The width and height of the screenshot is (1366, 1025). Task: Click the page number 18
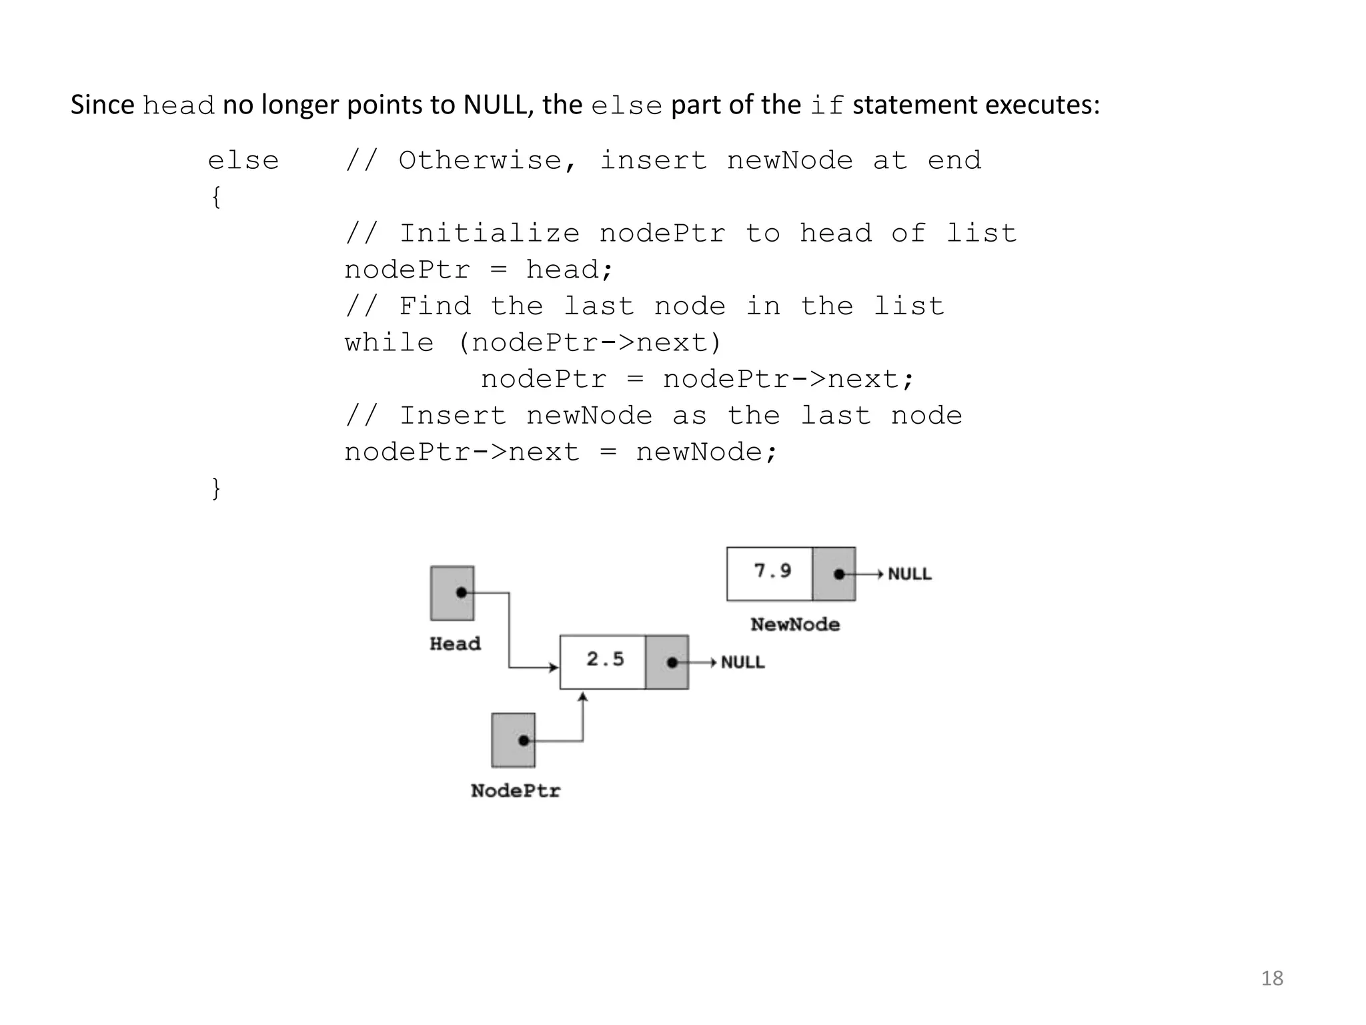[1272, 978]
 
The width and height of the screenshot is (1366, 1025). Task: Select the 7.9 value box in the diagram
[770, 573]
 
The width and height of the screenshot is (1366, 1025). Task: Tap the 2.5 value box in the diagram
[603, 661]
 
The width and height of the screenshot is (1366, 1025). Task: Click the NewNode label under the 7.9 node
[795, 625]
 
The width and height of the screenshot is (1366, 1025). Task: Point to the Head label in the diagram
[455, 644]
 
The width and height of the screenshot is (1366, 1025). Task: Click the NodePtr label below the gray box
[516, 791]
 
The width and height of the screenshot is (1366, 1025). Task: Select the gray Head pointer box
[452, 593]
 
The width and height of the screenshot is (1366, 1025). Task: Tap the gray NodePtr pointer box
[513, 740]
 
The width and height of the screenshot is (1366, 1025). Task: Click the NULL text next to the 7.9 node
[910, 574]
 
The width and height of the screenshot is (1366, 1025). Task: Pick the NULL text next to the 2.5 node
[742, 663]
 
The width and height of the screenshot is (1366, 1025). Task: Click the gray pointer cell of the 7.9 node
[834, 574]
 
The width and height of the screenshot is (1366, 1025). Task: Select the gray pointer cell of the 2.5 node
[667, 662]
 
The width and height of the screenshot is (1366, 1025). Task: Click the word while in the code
[389, 343]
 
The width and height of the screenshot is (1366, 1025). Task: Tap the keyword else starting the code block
[243, 161]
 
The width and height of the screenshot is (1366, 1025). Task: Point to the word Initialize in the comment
[490, 234]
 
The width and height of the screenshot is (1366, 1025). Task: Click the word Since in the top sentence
[102, 105]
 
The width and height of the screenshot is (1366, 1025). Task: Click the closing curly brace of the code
[215, 488]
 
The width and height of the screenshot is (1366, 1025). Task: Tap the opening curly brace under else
[215, 198]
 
